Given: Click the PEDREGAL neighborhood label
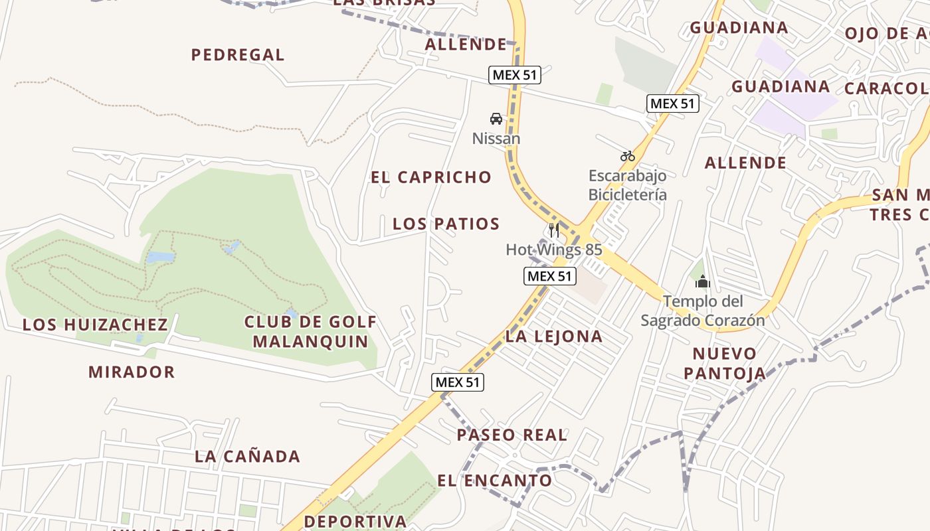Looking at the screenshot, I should (238, 55).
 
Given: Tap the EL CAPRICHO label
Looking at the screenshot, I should (431, 177).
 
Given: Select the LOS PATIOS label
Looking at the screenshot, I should (446, 224).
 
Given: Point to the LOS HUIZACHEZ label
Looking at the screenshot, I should (95, 325).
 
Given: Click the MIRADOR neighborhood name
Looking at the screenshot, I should (132, 372).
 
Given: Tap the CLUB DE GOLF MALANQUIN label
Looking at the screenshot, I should (310, 332).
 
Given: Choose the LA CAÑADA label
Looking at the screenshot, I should (247, 457).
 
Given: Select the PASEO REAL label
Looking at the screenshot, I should (511, 435).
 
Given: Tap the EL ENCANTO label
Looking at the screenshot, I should (494, 481).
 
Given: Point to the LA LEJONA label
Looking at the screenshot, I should (554, 337).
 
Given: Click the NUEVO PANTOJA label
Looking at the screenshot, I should (725, 363).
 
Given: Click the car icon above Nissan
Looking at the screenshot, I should (496, 119).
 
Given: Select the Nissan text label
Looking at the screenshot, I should (496, 139).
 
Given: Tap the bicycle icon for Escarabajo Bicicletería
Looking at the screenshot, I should (628, 156).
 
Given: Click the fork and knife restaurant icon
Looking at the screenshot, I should (554, 230).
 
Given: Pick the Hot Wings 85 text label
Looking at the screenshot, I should (554, 250).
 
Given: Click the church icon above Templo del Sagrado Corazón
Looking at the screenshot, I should (702, 282).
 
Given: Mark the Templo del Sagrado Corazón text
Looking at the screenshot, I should (702, 311).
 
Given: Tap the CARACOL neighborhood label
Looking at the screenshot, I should (886, 88).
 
